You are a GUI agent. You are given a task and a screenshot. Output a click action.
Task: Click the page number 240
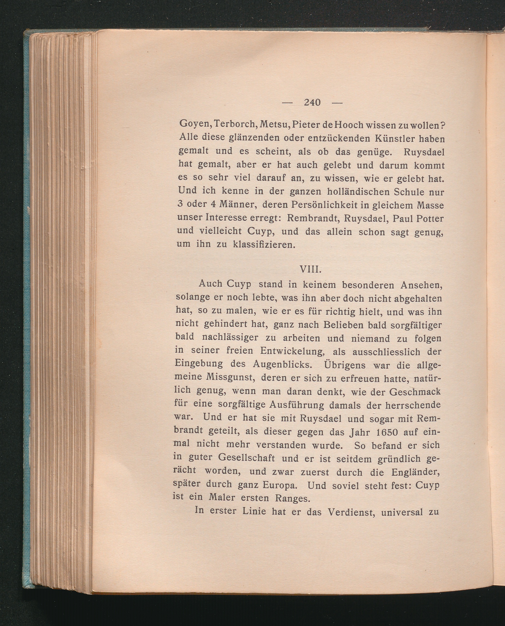[312, 102]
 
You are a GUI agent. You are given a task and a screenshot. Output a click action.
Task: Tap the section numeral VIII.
[310, 269]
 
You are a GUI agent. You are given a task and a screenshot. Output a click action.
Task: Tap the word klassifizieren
[264, 244]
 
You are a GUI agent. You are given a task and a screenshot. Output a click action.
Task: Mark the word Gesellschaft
[246, 458]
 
